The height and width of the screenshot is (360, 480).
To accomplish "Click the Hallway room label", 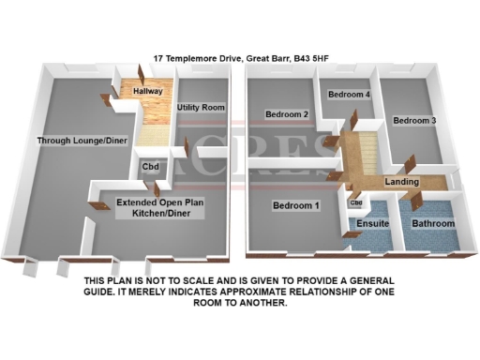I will (x=148, y=92).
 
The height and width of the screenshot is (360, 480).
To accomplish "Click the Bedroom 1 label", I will (x=296, y=205).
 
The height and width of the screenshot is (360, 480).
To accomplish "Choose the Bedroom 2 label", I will (x=287, y=114).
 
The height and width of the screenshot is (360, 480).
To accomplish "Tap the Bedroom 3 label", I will (x=414, y=121).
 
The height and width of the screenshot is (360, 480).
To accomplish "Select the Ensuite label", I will (x=373, y=224).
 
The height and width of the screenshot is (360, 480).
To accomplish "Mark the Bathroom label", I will (x=433, y=224).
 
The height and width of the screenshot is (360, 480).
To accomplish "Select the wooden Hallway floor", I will (x=153, y=117).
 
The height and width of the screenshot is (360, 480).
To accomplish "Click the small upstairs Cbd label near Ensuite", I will (x=356, y=203).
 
